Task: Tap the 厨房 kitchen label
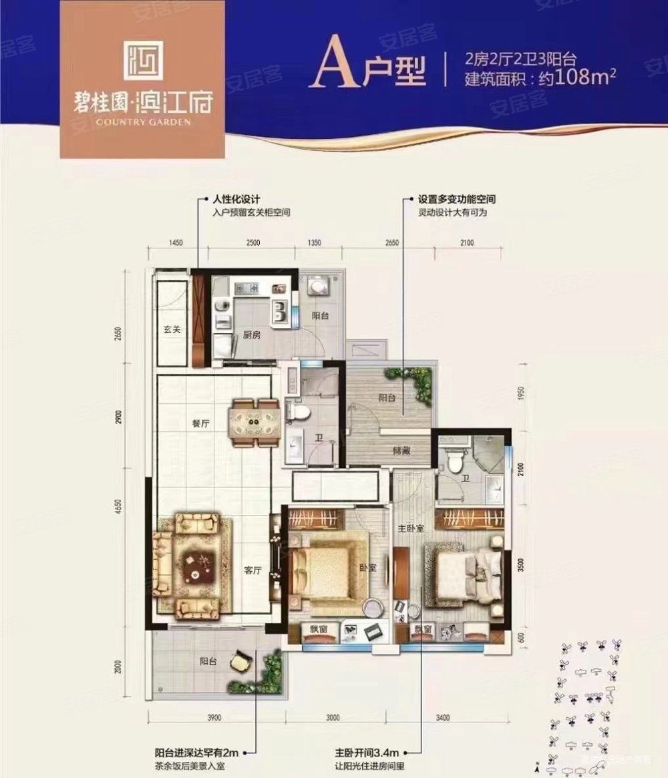pyautogui.click(x=251, y=335)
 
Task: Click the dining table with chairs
pyautogui.click(x=254, y=421)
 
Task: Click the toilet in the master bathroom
pyautogui.click(x=456, y=461)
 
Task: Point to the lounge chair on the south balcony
pyautogui.click(x=239, y=661)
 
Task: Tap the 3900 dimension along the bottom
pyautogui.click(x=214, y=718)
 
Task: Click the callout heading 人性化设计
pyautogui.click(x=236, y=200)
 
